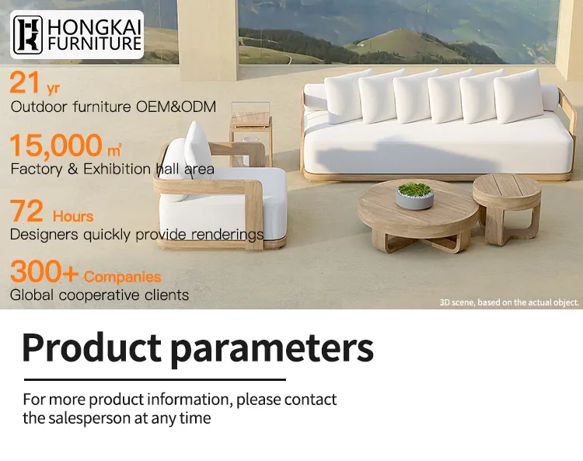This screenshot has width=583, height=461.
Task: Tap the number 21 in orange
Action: pos(24,83)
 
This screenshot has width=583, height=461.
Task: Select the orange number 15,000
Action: pos(56,145)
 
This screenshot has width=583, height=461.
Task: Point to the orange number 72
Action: pos(26,212)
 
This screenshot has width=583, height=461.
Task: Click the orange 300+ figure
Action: pos(44,273)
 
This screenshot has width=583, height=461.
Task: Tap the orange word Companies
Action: pos(123,277)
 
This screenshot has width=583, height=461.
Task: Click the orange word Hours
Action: pos(73,216)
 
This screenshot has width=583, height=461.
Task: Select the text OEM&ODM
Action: pos(178,107)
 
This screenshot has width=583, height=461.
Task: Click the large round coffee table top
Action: pos(412,209)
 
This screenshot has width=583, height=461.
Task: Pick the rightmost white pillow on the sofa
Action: pos(518,95)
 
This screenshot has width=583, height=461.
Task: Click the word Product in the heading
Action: pos(93,348)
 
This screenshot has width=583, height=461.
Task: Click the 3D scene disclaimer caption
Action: pos(509,302)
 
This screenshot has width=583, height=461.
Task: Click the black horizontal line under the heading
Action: pos(155,379)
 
